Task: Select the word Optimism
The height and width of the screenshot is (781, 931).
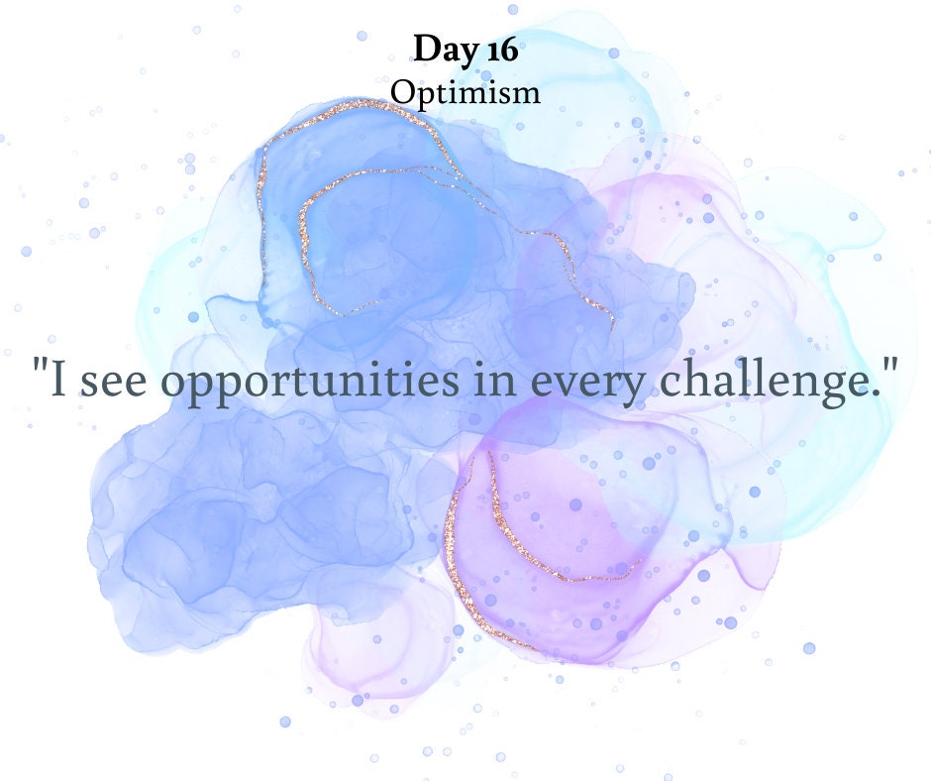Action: pyautogui.click(x=465, y=92)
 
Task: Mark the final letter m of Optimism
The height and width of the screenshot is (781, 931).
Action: pyautogui.click(x=527, y=94)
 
